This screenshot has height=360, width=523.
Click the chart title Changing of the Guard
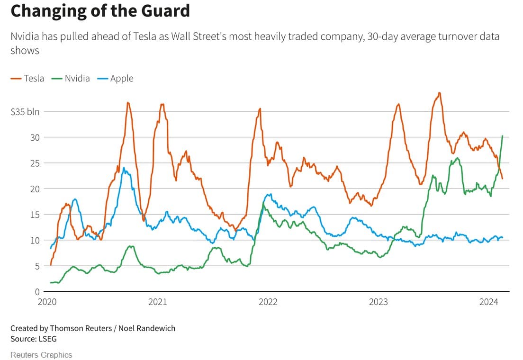(100, 10)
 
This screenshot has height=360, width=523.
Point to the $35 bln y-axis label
(25, 112)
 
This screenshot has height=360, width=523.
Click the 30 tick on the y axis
(35, 137)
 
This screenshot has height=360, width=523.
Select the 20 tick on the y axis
(35, 189)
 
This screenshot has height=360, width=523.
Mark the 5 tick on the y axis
(37, 266)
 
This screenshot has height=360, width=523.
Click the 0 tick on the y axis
(37, 291)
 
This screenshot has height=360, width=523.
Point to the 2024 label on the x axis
(488, 302)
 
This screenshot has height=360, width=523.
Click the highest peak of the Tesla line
(439, 93)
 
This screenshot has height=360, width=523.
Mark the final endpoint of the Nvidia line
(502, 136)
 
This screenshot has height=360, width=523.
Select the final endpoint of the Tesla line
(502, 178)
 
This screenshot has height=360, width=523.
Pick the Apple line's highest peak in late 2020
(124, 168)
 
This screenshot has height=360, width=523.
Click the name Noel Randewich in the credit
(147, 328)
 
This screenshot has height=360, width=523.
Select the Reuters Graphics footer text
(41, 355)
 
